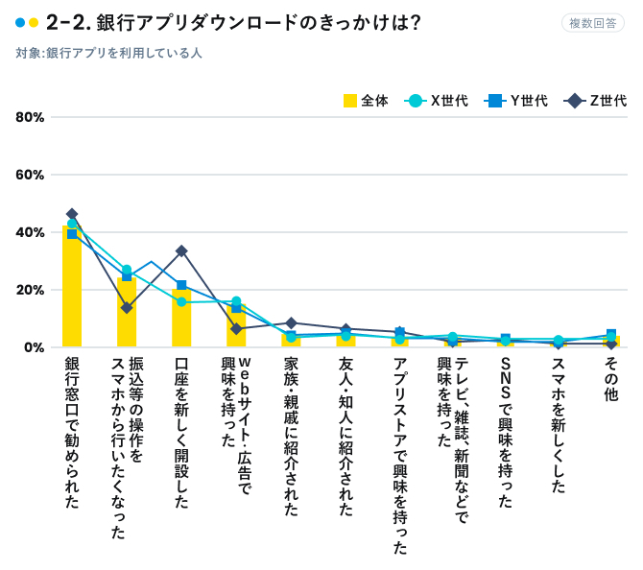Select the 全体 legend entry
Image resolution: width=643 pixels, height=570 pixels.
[x=366, y=100]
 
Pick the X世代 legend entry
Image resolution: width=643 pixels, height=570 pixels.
[x=438, y=100]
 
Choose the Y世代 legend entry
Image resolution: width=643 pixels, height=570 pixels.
[x=518, y=100]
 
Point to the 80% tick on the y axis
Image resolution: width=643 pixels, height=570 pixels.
[x=30, y=117]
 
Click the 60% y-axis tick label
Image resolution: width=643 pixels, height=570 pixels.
[x=30, y=175]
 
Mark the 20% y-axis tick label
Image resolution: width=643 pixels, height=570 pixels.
[x=30, y=290]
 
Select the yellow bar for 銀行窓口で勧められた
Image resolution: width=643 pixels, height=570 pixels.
[x=72, y=288]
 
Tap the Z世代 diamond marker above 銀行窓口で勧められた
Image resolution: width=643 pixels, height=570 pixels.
[x=72, y=214]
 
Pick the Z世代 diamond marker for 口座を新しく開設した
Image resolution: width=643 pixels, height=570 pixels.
[x=181, y=250]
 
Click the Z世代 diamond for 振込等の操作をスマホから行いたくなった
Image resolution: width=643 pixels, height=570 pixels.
[x=127, y=308]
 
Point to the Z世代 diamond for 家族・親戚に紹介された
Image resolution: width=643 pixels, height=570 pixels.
[x=292, y=323]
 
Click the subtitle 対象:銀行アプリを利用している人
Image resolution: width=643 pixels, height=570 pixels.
[x=108, y=54]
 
